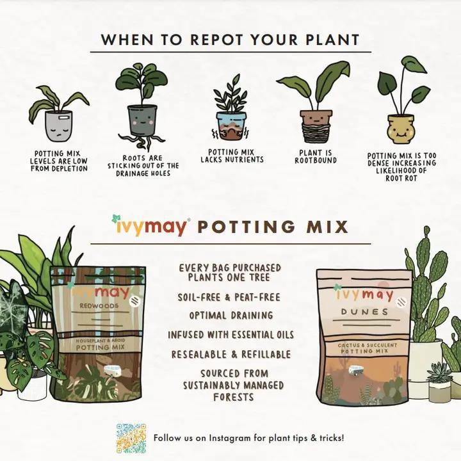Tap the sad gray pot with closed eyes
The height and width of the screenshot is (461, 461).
point(58,125)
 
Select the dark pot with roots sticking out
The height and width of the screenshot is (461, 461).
point(142,120)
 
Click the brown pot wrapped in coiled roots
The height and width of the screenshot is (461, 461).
point(316,126)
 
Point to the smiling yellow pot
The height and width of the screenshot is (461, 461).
point(400,129)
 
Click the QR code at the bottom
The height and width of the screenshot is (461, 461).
point(131,439)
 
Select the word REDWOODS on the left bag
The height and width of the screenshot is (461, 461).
point(99,306)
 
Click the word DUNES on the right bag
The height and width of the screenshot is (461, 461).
point(364,312)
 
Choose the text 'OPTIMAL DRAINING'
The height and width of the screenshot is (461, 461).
point(231,316)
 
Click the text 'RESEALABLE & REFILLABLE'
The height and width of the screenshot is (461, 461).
point(231,354)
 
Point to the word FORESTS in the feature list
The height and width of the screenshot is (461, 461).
point(234,397)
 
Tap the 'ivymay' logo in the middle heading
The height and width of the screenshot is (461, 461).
point(151,226)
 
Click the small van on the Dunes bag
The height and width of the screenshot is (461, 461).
point(355,370)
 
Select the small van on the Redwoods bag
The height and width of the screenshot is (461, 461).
point(111,371)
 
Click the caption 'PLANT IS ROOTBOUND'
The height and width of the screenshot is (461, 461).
point(316,157)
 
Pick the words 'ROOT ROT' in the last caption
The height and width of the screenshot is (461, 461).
point(401,178)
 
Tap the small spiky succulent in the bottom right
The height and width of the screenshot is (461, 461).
point(439,372)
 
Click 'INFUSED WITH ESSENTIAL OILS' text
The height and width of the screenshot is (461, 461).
point(231,335)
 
